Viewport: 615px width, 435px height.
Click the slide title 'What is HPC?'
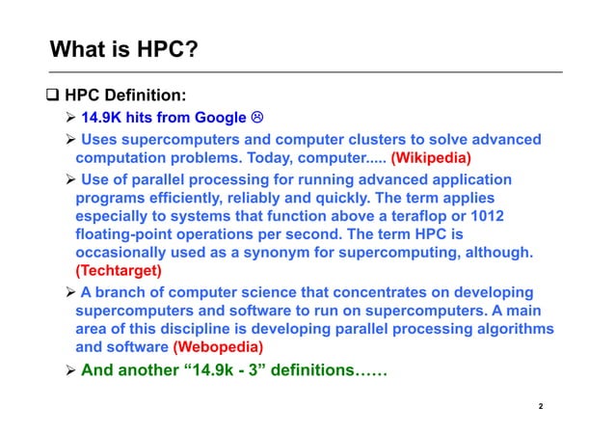point(124,48)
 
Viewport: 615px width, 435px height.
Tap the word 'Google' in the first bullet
point(221,118)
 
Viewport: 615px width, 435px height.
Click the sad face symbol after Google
point(257,118)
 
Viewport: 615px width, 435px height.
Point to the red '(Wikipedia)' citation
point(431,157)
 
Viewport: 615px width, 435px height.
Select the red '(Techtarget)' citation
point(119,271)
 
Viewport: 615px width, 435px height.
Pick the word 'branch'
point(121,291)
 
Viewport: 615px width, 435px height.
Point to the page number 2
point(541,407)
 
